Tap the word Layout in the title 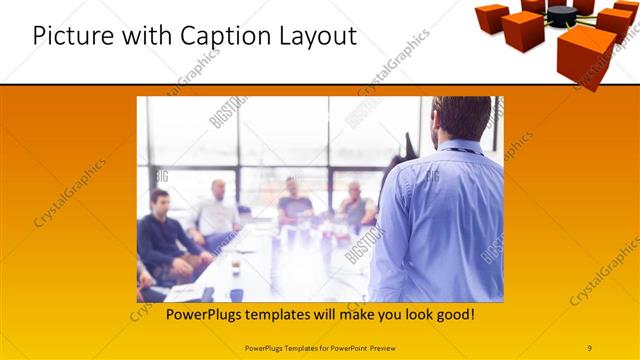pos(317,36)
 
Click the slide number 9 pos(591,348)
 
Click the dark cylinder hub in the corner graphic pos(562,15)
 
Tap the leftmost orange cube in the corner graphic pos(491,17)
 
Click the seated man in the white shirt pos(216,214)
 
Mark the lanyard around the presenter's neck pos(463,152)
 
